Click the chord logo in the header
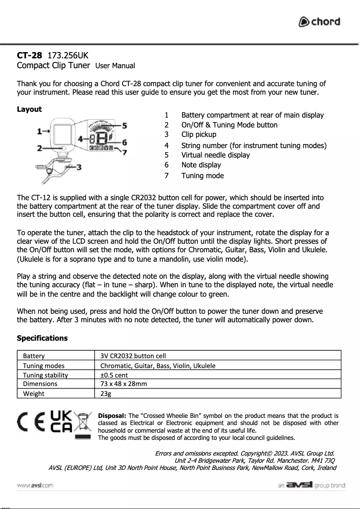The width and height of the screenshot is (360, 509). [x=320, y=22]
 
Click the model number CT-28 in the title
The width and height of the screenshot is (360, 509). [x=30, y=56]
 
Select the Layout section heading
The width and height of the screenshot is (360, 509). [x=29, y=109]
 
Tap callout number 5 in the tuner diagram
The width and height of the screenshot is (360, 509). [x=124, y=125]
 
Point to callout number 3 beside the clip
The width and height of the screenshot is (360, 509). [x=79, y=167]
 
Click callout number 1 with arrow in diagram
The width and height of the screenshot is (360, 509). [x=40, y=131]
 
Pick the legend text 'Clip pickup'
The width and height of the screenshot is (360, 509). [x=198, y=134]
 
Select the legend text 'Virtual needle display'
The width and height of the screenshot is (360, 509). [x=215, y=155]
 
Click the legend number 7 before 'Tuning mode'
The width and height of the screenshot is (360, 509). [x=167, y=176]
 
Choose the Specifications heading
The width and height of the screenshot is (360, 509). [x=42, y=338]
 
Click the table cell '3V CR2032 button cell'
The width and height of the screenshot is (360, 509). [x=133, y=356]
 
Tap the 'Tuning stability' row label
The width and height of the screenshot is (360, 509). [x=45, y=375]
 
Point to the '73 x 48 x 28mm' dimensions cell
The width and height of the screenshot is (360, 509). [x=123, y=384]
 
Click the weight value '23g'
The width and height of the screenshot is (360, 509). [x=105, y=394]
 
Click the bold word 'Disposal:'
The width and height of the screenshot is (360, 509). [x=112, y=416]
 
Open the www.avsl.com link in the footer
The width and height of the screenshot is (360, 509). [x=35, y=486]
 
